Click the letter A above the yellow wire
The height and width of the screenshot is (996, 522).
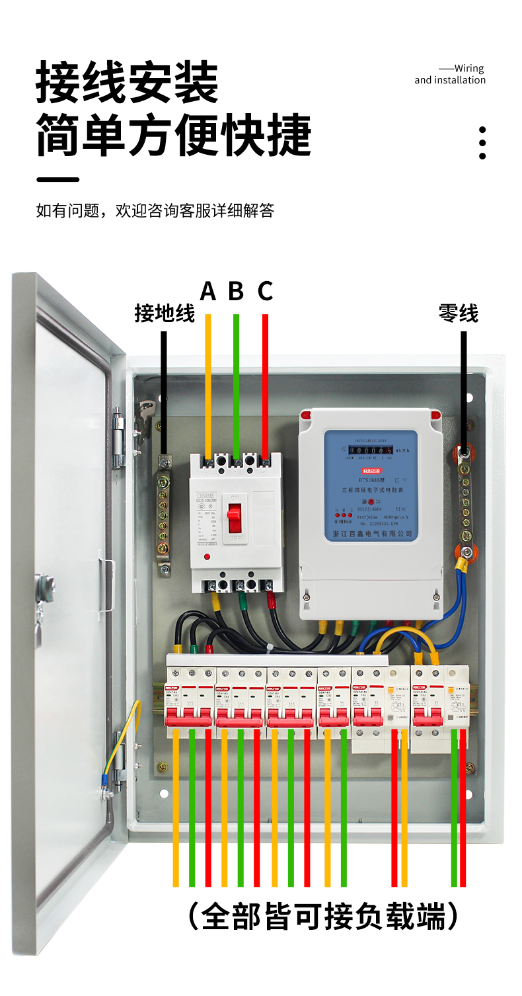pyautogui.click(x=208, y=291)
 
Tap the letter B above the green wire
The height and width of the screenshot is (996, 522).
pyautogui.click(x=236, y=291)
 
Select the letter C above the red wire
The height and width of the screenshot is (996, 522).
pyautogui.click(x=265, y=291)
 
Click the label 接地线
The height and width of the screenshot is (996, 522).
pyautogui.click(x=165, y=313)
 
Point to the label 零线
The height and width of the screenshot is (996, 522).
pyautogui.click(x=458, y=313)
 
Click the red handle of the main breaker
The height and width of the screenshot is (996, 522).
pyautogui.click(x=235, y=519)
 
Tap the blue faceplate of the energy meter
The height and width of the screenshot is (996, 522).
pyautogui.click(x=371, y=486)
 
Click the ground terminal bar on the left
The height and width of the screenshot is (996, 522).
pyautogui.click(x=163, y=509)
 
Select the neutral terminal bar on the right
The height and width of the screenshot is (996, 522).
pyautogui.click(x=465, y=506)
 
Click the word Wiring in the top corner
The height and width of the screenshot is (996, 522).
pyautogui.click(x=469, y=68)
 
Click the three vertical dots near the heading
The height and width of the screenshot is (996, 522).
pyautogui.click(x=482, y=143)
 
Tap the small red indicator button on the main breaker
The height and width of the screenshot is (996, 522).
pyautogui.click(x=207, y=558)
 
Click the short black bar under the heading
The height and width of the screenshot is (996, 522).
pyautogui.click(x=57, y=179)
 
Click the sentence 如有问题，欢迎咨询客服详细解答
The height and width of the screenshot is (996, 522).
pyautogui.click(x=155, y=211)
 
